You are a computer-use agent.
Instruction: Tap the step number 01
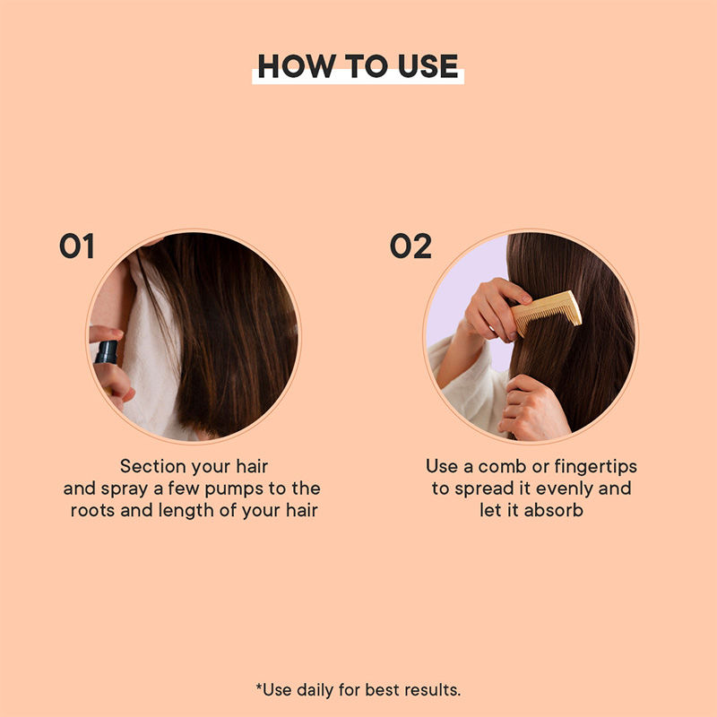pos(77,246)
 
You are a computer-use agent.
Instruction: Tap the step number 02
pos(410,246)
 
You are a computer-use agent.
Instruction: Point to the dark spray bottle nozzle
pos(107,352)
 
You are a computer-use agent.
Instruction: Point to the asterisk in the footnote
pos(259,687)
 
